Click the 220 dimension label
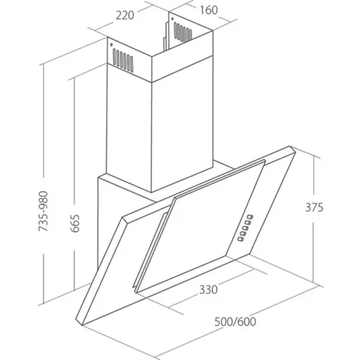point(125,15)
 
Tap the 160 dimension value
point(209,10)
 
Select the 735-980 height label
point(43,211)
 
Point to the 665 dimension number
point(75,224)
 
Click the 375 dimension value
point(314,207)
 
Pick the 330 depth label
point(208,289)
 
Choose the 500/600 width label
point(235,321)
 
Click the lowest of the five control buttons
point(240,239)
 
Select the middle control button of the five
point(245,228)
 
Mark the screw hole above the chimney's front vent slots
point(111,45)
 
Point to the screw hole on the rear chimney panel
point(172,18)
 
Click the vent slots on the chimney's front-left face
point(123,60)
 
